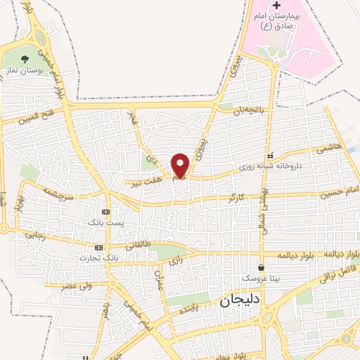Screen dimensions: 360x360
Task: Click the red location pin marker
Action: [x=181, y=165]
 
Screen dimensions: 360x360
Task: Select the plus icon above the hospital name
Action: [x=276, y=6]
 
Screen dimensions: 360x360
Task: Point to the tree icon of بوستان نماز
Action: [x=26, y=59]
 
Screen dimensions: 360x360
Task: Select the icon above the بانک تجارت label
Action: [x=98, y=247]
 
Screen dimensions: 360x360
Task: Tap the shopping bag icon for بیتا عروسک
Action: [x=262, y=267]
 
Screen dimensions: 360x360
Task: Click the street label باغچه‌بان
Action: [x=252, y=108]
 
